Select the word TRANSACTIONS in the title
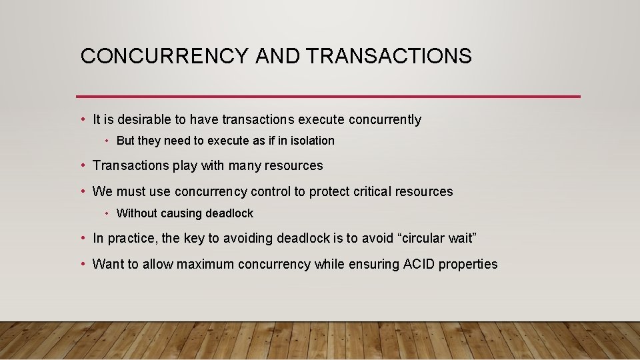point(389,56)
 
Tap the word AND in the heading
point(279,56)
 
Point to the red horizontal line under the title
point(328,97)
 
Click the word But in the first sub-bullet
point(126,141)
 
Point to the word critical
point(369,192)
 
